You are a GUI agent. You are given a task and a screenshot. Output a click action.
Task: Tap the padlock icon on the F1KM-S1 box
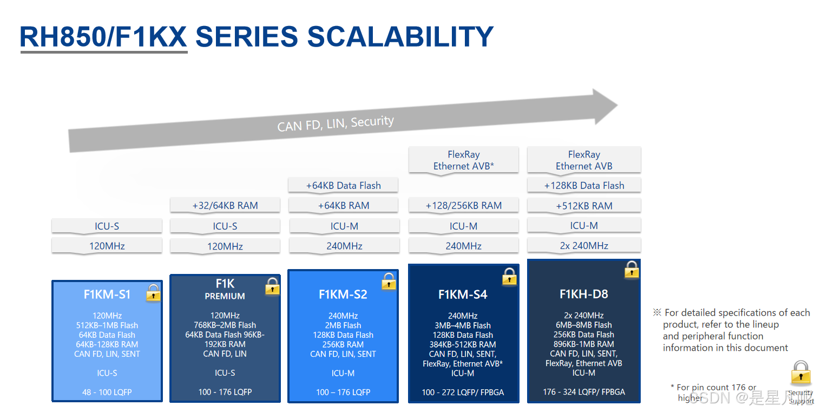point(153,293)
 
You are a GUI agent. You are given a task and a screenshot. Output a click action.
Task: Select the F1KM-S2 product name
point(343,295)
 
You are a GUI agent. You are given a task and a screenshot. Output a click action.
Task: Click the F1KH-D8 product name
point(583,294)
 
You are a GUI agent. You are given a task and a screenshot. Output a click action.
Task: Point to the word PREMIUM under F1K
point(225,296)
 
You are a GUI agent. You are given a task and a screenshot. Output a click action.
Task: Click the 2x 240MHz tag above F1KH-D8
point(584,245)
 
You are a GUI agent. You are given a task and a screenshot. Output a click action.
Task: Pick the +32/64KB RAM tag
point(225,205)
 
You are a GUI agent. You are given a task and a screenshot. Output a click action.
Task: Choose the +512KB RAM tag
point(584,206)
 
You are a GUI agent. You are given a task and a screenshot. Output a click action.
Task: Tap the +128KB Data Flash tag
point(584,185)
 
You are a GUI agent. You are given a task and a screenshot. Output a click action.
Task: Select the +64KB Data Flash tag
point(343,185)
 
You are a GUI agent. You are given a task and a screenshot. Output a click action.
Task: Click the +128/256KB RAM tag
point(463,205)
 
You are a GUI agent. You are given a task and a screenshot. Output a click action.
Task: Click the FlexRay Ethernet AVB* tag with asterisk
point(464,160)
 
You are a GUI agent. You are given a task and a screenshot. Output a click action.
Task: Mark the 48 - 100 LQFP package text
point(107,392)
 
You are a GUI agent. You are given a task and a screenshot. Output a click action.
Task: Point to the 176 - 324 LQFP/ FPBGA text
point(584,392)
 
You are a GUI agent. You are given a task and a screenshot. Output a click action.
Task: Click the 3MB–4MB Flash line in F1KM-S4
point(463,325)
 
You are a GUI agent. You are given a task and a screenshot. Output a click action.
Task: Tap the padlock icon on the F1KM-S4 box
point(509,277)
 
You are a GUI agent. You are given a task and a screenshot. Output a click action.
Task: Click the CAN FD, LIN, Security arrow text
point(336,123)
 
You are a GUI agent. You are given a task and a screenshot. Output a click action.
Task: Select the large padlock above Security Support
point(800,373)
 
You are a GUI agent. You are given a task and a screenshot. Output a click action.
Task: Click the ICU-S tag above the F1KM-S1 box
point(107,226)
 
